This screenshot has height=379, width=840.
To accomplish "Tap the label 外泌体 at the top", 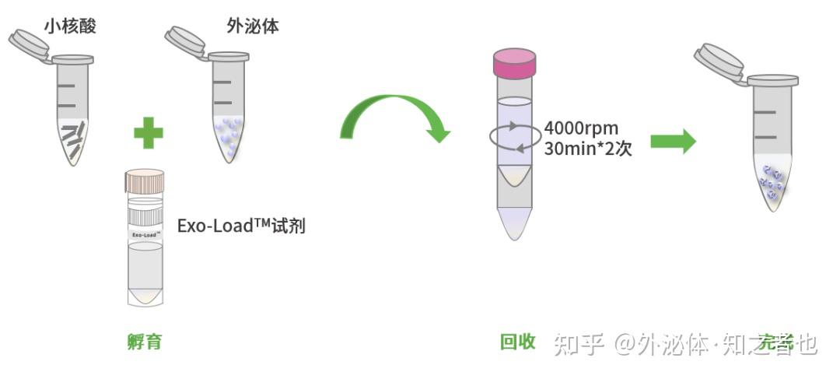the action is coord(253,26).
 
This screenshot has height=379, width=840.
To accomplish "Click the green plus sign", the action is coord(148,132).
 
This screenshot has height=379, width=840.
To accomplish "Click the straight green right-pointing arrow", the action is coord(673,141).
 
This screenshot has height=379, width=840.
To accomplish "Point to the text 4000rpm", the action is coord(581,128).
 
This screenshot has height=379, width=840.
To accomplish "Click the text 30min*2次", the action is coord(587,148).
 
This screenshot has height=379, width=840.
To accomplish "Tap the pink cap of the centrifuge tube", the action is coord(514,63).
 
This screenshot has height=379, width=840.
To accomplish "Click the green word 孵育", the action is coord(145,341).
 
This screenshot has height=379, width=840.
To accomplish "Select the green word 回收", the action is coord(517,341).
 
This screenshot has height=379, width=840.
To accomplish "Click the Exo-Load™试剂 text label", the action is coord(241,226).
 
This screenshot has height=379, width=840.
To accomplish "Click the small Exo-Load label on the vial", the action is coord(145,233).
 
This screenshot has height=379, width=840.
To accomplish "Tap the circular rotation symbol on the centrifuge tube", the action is coord(514,135).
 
